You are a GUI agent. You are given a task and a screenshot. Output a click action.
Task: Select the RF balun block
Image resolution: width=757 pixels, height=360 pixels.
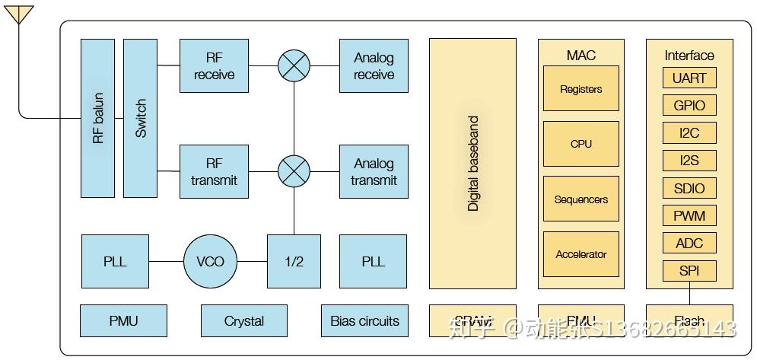(97, 118)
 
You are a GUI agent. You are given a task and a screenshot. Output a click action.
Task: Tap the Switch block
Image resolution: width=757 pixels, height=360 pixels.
(140, 118)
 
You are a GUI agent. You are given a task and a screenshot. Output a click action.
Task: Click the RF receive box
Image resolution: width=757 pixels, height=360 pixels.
(214, 66)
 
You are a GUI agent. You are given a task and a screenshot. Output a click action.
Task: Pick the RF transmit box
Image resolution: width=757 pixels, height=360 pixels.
(214, 172)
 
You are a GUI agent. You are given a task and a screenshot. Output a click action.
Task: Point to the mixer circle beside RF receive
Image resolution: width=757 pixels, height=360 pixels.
(294, 66)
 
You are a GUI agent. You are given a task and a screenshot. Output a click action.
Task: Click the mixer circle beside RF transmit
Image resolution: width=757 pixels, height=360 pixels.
(294, 172)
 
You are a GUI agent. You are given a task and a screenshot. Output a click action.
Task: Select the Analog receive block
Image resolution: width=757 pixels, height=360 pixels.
(374, 66)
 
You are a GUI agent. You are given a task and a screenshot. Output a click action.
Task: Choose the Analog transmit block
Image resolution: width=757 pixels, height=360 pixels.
(374, 172)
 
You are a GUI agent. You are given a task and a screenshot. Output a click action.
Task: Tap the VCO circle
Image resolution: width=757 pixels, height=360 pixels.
(210, 262)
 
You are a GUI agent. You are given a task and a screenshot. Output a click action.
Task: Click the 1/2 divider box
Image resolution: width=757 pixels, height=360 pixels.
(294, 262)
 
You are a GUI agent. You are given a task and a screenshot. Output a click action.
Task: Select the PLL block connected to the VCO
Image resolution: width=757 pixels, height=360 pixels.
(115, 262)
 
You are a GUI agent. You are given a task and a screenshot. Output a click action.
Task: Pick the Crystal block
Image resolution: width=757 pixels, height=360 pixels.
(243, 321)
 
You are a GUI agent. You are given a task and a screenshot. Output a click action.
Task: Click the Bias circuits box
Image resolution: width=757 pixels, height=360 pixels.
(364, 321)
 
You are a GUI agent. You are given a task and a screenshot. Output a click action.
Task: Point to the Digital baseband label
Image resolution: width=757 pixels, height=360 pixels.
(473, 164)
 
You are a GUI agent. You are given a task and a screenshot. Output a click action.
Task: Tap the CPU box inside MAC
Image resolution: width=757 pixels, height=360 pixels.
(580, 144)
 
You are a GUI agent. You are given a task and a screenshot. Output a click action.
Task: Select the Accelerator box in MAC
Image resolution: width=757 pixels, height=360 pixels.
(580, 254)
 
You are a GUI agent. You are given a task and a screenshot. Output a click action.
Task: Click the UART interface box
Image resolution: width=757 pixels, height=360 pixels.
(689, 78)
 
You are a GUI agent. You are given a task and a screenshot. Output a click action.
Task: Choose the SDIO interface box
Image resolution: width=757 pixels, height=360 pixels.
(689, 189)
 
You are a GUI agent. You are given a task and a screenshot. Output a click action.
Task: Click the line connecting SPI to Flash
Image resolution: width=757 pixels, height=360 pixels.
(689, 293)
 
